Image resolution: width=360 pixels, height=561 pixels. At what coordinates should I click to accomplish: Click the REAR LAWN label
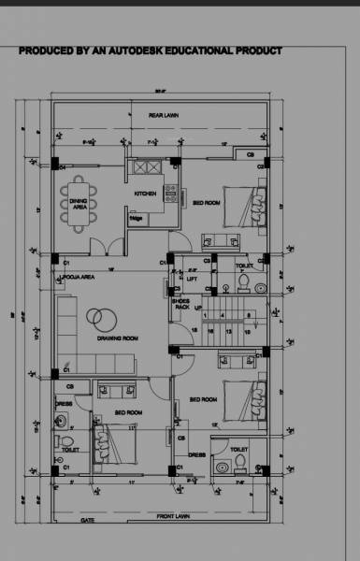click(x=164, y=115)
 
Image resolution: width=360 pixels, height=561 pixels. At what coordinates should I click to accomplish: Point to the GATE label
click(x=88, y=520)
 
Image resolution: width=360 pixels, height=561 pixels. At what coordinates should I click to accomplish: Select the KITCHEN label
click(x=146, y=194)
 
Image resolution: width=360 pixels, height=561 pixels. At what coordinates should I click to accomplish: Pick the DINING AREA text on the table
click(x=79, y=204)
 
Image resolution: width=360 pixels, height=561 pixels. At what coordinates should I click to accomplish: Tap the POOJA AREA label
click(x=76, y=278)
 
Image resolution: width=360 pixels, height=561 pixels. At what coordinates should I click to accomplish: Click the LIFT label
click(x=193, y=279)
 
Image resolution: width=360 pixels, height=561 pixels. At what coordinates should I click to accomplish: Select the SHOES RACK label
click(x=182, y=303)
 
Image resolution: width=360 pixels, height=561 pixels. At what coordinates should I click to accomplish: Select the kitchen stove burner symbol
click(x=170, y=194)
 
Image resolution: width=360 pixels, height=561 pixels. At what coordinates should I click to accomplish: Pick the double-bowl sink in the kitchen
click(x=148, y=167)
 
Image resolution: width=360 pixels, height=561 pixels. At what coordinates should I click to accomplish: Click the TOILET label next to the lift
click(x=243, y=266)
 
